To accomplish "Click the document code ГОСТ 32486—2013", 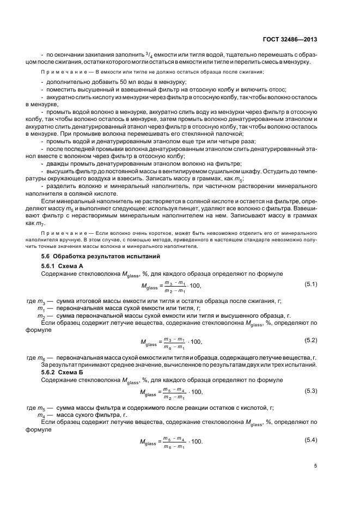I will click(x=291, y=39).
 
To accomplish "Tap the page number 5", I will click(x=316, y=465).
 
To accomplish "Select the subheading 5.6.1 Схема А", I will click(x=63, y=265).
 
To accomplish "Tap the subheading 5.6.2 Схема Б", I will click(x=63, y=372).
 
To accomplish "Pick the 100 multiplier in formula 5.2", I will click(x=194, y=342).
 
